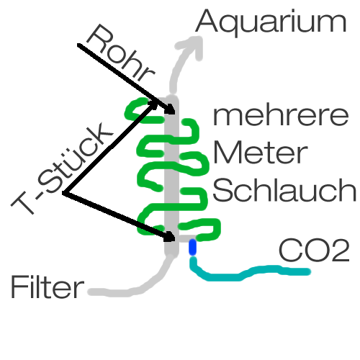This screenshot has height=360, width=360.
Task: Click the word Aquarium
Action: coord(271,22)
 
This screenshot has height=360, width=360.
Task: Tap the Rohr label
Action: coord(120,53)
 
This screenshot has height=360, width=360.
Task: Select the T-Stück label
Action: coord(62,168)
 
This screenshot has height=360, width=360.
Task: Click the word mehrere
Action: coord(281,116)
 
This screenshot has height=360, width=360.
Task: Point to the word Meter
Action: coord(260,153)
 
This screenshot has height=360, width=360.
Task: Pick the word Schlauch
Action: coord(284,190)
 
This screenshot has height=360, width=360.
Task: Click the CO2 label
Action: coord(314,250)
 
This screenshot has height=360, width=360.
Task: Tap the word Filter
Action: coord(48,287)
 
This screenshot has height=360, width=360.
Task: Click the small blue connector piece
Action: coord(192,247)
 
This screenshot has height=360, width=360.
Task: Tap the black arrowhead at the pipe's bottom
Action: coord(170,237)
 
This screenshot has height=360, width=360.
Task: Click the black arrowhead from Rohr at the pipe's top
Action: coord(170,109)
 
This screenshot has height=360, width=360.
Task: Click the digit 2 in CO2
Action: coord(340,251)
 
